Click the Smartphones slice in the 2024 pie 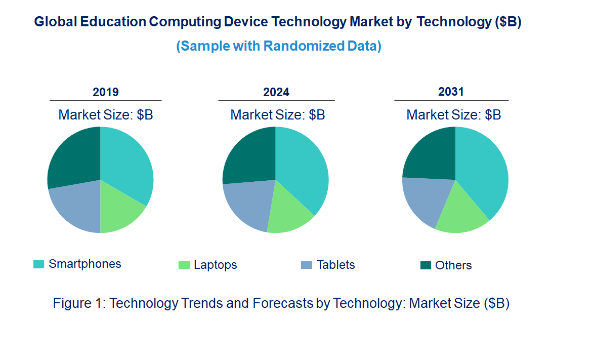(304, 167)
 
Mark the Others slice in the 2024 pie (248, 154)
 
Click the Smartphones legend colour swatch (38, 264)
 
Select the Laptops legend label (215, 265)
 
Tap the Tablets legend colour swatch (306, 265)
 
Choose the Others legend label (453, 265)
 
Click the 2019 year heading (106, 92)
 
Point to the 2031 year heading (451, 92)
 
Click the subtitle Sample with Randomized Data (279, 46)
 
